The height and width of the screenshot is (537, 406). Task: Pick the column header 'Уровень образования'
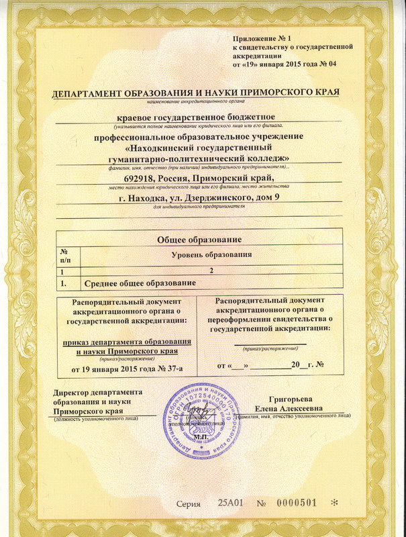click(211, 255)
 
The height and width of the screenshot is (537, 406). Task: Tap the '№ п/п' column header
click(68, 254)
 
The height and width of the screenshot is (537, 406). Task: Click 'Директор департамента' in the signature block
click(98, 393)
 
